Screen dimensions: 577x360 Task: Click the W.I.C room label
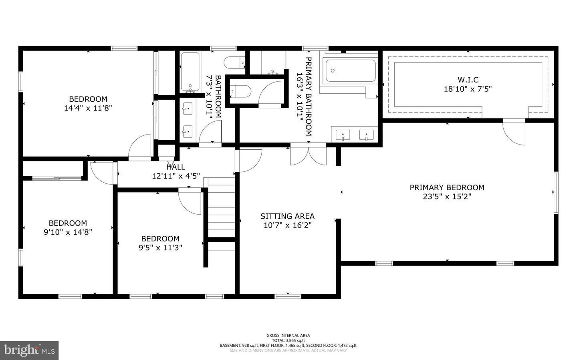468,80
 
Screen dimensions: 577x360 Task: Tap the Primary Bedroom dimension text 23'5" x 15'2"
447,197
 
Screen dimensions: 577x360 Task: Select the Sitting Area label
287,216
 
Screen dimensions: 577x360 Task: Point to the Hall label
176,167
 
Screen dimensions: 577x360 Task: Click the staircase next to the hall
221,214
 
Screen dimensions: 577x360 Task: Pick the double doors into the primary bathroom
309,155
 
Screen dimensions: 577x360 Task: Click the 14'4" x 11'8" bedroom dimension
88,108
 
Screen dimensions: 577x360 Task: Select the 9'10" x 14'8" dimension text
68,232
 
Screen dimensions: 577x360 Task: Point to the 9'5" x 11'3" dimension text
160,248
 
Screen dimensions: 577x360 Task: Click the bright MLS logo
29,350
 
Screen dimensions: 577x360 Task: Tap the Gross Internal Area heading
288,335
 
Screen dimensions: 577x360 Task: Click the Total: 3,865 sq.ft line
288,340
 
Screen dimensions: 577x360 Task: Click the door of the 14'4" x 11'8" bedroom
140,147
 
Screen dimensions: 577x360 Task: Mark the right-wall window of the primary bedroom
556,193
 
